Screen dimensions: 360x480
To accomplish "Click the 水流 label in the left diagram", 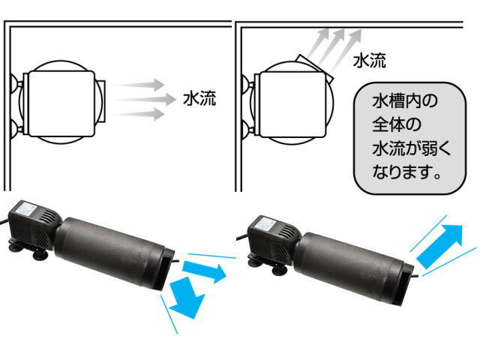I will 199,99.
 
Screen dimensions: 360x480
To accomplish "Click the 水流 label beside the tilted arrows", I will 370,60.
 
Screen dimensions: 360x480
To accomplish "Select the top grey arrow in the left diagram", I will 140,84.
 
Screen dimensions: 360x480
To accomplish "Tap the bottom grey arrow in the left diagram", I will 140,114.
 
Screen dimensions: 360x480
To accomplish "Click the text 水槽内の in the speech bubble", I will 403,100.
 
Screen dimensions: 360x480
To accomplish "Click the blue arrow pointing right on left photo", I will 203,271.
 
